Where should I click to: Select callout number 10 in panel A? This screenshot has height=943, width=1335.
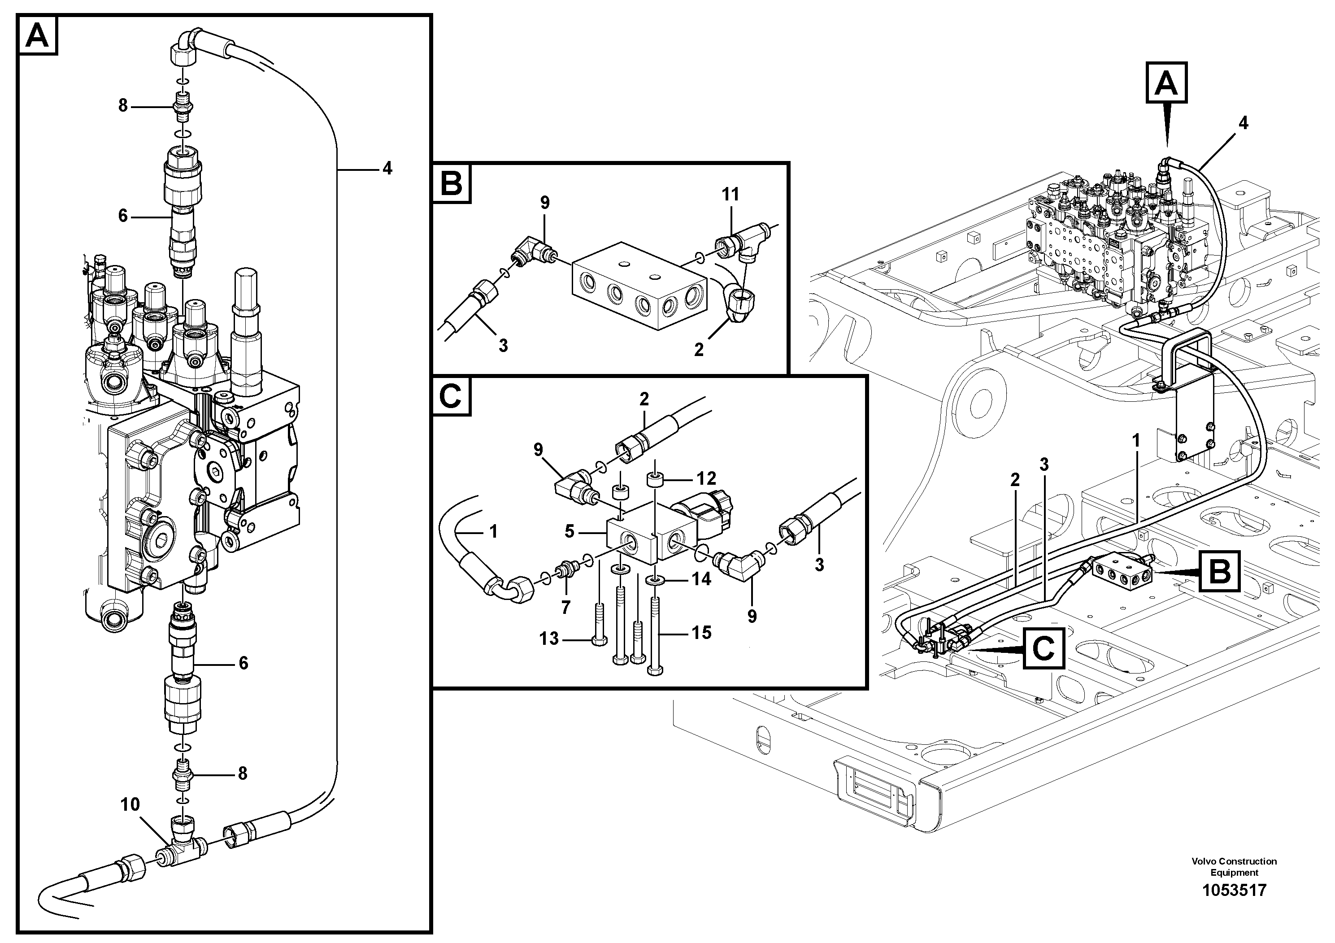(x=130, y=804)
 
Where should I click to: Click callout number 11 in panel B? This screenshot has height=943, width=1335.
(x=731, y=194)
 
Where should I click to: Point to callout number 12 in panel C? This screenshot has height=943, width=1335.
(x=706, y=478)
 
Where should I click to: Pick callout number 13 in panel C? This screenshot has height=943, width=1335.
(x=549, y=639)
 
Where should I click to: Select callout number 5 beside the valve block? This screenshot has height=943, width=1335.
(x=569, y=531)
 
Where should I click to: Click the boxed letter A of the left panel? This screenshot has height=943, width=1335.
(x=38, y=36)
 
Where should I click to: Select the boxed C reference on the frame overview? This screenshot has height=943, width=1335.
(x=1044, y=648)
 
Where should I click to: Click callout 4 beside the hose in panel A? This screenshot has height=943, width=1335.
(x=387, y=169)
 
